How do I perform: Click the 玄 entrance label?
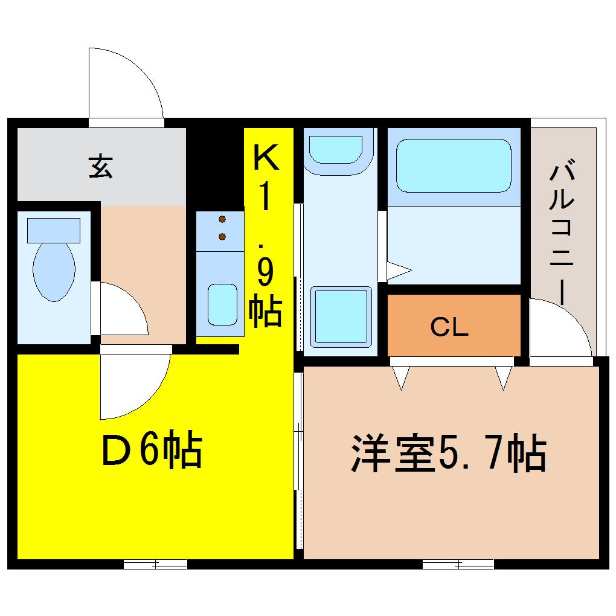tap(101, 166)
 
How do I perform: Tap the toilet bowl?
tap(54, 272)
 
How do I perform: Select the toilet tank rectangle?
tap(54, 230)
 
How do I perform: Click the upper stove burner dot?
tap(222, 219)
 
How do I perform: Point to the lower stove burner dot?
tap(222, 237)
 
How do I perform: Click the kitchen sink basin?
tap(222, 304)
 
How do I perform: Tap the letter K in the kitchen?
tap(266, 157)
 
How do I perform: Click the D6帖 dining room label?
tap(152, 449)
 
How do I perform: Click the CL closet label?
tap(449, 327)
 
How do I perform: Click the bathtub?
tap(454, 166)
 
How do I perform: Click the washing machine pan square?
tap(341, 316)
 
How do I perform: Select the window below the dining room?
tap(155, 564)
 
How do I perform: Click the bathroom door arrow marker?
tap(399, 271)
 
